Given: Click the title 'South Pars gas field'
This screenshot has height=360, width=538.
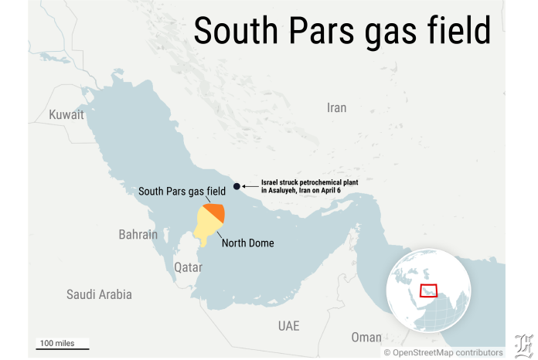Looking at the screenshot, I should point(342,32).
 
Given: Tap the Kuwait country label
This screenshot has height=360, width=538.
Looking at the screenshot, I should point(66,114).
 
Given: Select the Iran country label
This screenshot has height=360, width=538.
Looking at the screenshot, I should point(337,107).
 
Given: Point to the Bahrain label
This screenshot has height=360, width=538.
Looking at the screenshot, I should point(138,234).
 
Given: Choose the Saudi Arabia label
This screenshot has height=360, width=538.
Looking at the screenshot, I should point(99,294).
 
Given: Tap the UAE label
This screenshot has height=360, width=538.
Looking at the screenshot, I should point(288,325).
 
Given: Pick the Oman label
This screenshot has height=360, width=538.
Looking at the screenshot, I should point(366,337).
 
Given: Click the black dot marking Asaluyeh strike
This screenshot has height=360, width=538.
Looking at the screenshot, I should point(237,186).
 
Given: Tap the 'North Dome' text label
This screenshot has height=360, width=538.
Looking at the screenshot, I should point(247,243).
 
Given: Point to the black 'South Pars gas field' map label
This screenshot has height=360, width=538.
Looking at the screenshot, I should point(182,191).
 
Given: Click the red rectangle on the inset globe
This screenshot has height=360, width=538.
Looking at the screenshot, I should point(428,290).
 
